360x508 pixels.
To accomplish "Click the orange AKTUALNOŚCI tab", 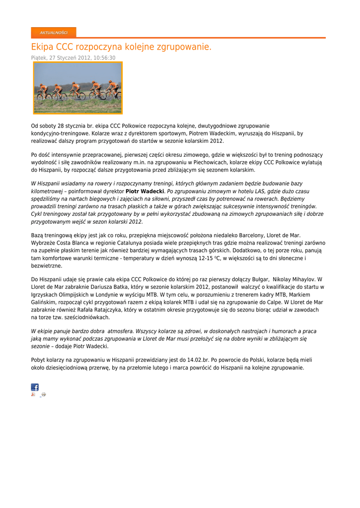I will pos(54,33).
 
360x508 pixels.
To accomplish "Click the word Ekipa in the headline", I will pos(42,47).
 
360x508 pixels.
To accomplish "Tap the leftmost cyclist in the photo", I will pos(42,91).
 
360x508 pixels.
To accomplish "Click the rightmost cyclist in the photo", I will pos(114,88).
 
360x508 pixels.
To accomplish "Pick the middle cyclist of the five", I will pos(75,90).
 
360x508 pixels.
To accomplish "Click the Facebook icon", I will pos(35,387).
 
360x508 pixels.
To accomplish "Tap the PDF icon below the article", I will pos(33,394).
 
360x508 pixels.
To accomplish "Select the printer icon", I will pos(43,394).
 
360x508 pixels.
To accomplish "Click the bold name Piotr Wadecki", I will pos(144,191).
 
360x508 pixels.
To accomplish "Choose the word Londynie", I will pos(99,295).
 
